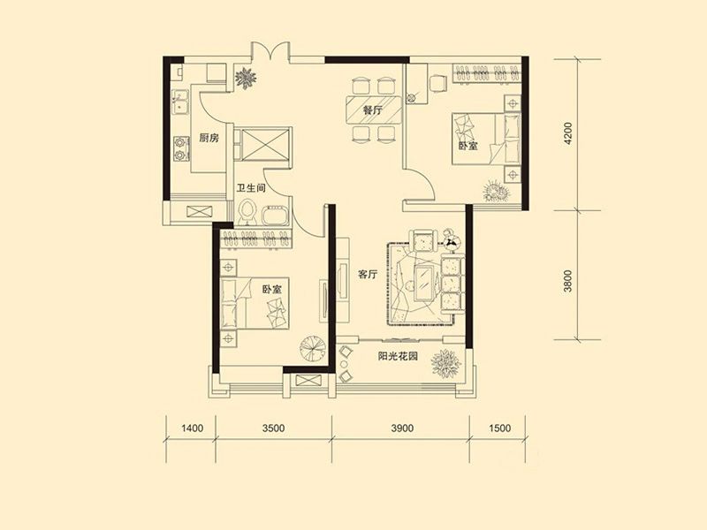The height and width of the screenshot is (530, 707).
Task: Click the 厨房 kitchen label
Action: tap(209, 138)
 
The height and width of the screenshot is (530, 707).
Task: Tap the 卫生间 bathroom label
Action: tap(251, 188)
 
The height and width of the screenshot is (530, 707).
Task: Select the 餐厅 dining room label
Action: tap(372, 110)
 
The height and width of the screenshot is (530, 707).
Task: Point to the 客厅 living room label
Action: tap(368, 274)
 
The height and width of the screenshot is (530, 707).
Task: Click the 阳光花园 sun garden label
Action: tap(398, 356)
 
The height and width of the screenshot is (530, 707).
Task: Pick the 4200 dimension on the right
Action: tap(567, 133)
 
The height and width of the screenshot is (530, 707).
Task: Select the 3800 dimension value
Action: tap(567, 281)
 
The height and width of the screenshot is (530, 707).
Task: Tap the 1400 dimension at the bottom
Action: tap(192, 428)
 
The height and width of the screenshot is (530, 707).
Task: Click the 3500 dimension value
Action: tap(273, 428)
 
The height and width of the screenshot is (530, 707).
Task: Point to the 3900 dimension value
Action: tap(402, 428)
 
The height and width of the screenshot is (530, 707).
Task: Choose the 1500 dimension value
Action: tap(499, 428)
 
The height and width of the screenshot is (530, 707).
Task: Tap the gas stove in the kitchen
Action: tap(181, 148)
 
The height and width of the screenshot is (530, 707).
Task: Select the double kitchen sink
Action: tap(181, 102)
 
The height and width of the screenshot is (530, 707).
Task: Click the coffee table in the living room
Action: tap(424, 283)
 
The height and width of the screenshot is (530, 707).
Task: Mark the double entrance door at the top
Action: tap(270, 50)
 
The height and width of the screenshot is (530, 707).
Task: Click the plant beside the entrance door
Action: tap(246, 79)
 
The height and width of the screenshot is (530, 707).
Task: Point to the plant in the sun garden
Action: tap(446, 363)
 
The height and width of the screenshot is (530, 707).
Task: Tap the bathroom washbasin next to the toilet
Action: tap(274, 216)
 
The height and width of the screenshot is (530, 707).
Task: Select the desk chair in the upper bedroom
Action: tap(437, 83)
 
